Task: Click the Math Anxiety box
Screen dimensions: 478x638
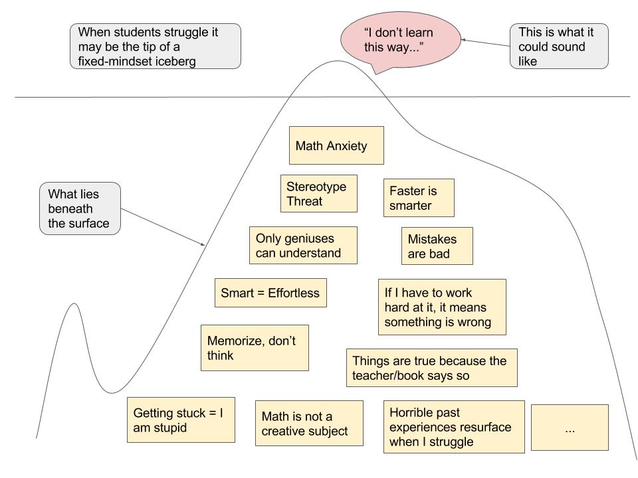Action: (x=336, y=145)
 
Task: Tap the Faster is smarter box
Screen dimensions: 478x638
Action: (x=419, y=198)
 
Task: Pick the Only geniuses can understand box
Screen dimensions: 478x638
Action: (x=302, y=245)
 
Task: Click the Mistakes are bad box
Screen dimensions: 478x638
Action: (x=437, y=246)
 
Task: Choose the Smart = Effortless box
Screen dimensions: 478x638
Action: (x=270, y=293)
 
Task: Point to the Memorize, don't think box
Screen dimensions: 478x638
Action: (x=255, y=348)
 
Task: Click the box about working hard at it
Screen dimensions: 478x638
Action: (x=441, y=307)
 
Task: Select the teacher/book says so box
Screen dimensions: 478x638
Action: (x=431, y=368)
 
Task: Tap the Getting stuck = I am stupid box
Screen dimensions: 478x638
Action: (x=181, y=420)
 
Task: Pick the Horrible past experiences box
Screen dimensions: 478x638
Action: (x=454, y=426)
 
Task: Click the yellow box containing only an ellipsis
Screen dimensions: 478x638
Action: (x=570, y=428)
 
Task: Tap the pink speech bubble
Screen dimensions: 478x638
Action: (x=399, y=39)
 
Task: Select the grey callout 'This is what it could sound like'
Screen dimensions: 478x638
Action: (x=558, y=46)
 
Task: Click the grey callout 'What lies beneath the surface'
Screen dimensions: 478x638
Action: (x=80, y=208)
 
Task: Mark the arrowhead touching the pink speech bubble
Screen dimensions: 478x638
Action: (x=463, y=40)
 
